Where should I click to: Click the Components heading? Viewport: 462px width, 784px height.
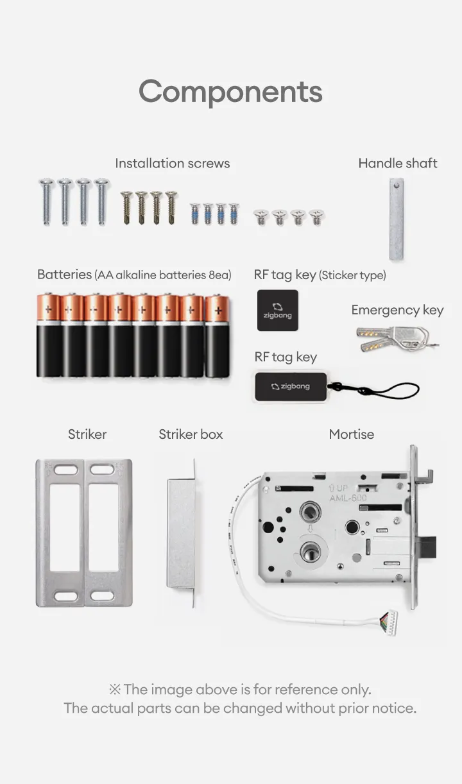pyautogui.click(x=230, y=92)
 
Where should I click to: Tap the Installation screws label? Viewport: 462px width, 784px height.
pyautogui.click(x=173, y=164)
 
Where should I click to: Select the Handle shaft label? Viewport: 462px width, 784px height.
pyautogui.click(x=398, y=163)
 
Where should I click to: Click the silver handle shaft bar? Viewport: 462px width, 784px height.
pyautogui.click(x=396, y=219)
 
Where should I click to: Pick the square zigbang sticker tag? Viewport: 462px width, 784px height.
pyautogui.click(x=278, y=311)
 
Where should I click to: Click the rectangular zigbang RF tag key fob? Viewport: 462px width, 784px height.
pyautogui.click(x=291, y=387)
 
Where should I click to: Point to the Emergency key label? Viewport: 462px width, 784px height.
pyautogui.click(x=397, y=310)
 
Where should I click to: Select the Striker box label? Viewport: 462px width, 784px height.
pyautogui.click(x=191, y=434)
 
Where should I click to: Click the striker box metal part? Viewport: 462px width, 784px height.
pyautogui.click(x=182, y=533)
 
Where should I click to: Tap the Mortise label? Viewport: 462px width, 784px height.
pyautogui.click(x=352, y=434)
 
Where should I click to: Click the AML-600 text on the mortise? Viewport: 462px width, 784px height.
pyautogui.click(x=348, y=498)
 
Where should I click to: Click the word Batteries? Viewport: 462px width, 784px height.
pyautogui.click(x=64, y=275)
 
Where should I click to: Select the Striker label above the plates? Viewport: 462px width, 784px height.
pyautogui.click(x=87, y=434)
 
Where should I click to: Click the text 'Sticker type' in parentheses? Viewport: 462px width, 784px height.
pyautogui.click(x=352, y=275)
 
